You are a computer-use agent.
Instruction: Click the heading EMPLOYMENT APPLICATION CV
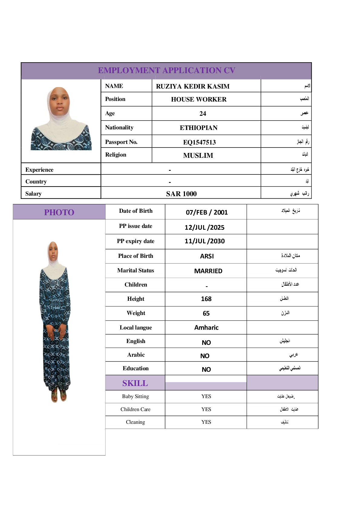[x=166, y=70]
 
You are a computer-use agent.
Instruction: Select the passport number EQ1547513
[x=199, y=142]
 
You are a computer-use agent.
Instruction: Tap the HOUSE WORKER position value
[x=199, y=99]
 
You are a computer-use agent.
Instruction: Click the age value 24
[x=203, y=114]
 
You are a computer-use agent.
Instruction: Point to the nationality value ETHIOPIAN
[x=199, y=128]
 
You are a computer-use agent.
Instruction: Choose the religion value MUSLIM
[x=198, y=155]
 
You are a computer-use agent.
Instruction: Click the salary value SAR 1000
[x=181, y=194]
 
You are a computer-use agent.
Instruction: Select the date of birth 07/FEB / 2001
[x=207, y=212]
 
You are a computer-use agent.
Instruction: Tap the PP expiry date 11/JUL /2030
[x=205, y=241]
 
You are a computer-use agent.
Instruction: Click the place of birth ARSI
[x=207, y=256]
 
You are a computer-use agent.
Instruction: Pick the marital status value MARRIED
[x=208, y=271]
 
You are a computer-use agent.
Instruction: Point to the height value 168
[x=206, y=299]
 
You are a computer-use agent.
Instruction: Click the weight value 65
[x=206, y=313]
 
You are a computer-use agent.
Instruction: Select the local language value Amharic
[x=206, y=328]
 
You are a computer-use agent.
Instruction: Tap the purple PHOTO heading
[x=59, y=212]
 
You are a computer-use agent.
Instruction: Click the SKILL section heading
[x=135, y=383]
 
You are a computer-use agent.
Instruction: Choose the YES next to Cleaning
[x=206, y=422]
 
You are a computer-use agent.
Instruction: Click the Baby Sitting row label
[x=135, y=396]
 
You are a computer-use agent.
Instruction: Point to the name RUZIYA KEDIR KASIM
[x=193, y=86]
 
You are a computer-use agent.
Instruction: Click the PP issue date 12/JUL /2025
[x=204, y=227]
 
